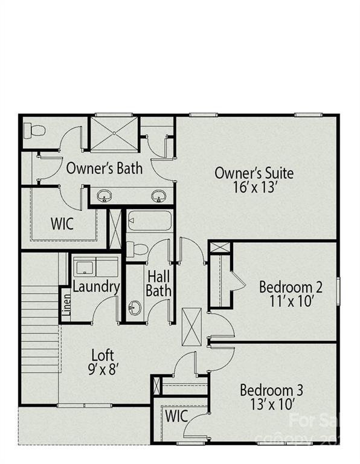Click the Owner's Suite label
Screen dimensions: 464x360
pyautogui.click(x=254, y=173)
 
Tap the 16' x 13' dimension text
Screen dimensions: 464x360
pyautogui.click(x=254, y=187)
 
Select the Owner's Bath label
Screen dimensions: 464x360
pyautogui.click(x=104, y=168)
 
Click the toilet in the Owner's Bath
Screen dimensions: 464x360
pyautogui.click(x=35, y=130)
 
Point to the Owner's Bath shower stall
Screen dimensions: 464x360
pyautogui.click(x=114, y=134)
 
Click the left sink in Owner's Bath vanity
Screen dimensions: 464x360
pyautogui.click(x=105, y=196)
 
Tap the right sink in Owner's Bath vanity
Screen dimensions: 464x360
pyautogui.click(x=159, y=196)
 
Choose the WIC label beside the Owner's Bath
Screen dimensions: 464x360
pyautogui.click(x=62, y=224)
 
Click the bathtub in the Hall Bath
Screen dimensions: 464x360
pyautogui.click(x=150, y=221)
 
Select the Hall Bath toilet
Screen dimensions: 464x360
pyautogui.click(x=137, y=249)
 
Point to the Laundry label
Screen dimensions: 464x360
pyautogui.click(x=96, y=287)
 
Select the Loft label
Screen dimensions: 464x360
pyautogui.click(x=103, y=355)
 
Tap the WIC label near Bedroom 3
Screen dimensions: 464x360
pyautogui.click(x=176, y=416)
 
